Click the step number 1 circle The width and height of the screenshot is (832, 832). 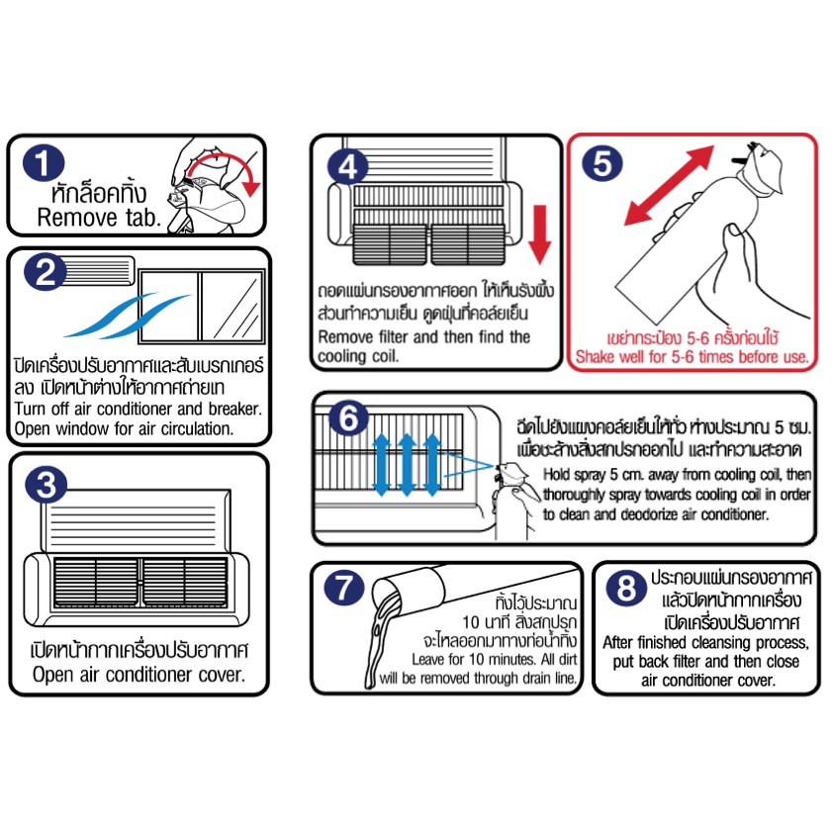coord(44,162)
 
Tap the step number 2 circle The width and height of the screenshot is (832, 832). coord(46,272)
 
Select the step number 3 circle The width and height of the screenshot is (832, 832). coord(46,485)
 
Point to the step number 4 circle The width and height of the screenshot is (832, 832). coord(348,166)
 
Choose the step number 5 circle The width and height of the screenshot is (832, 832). coord(602,163)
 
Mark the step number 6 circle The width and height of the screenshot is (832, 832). coord(348,417)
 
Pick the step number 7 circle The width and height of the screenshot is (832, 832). coord(344,588)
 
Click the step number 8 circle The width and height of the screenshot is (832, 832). coord(626,588)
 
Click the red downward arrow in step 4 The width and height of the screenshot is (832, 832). coord(539,234)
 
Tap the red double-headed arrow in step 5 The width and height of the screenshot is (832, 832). coord(669,186)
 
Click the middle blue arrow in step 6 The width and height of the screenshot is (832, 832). coord(407,465)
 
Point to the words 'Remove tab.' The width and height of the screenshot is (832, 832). coord(99,218)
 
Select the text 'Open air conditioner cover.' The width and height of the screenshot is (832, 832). coord(139,675)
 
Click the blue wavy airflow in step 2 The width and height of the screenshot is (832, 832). coord(127,316)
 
